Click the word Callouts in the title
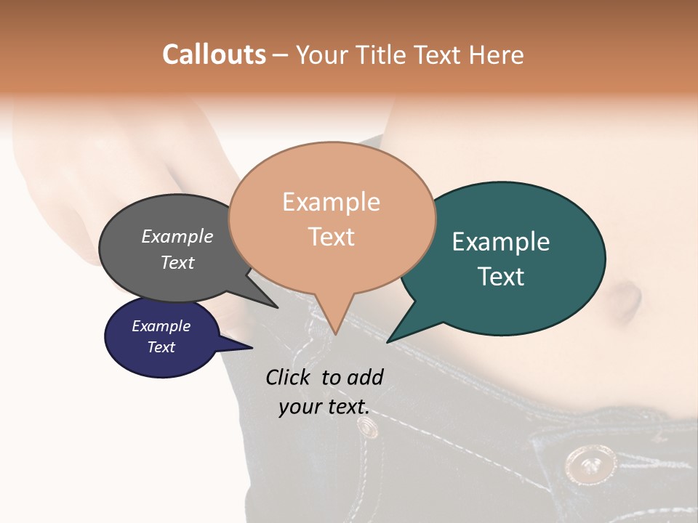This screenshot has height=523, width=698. click(x=214, y=54)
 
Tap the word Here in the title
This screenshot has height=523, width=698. click(x=497, y=54)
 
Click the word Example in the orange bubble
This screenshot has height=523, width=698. click(x=331, y=202)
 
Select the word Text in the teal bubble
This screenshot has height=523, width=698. click(x=501, y=276)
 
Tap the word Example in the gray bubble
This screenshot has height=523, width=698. click(x=177, y=237)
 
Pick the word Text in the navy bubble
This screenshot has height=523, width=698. click(x=161, y=347)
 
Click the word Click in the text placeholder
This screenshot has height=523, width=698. click(x=289, y=377)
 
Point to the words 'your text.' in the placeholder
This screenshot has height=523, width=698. click(x=324, y=408)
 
